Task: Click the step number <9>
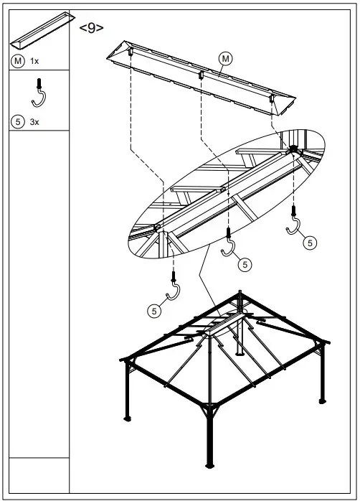tap(91, 28)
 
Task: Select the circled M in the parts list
tap(18, 61)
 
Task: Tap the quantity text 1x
tap(34, 61)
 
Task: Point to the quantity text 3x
tap(34, 122)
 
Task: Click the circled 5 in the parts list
tap(18, 122)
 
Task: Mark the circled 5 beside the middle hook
tap(245, 265)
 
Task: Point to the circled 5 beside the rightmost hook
tap(309, 243)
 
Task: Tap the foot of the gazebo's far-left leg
tap(128, 418)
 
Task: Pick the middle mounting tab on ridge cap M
tap(202, 74)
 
